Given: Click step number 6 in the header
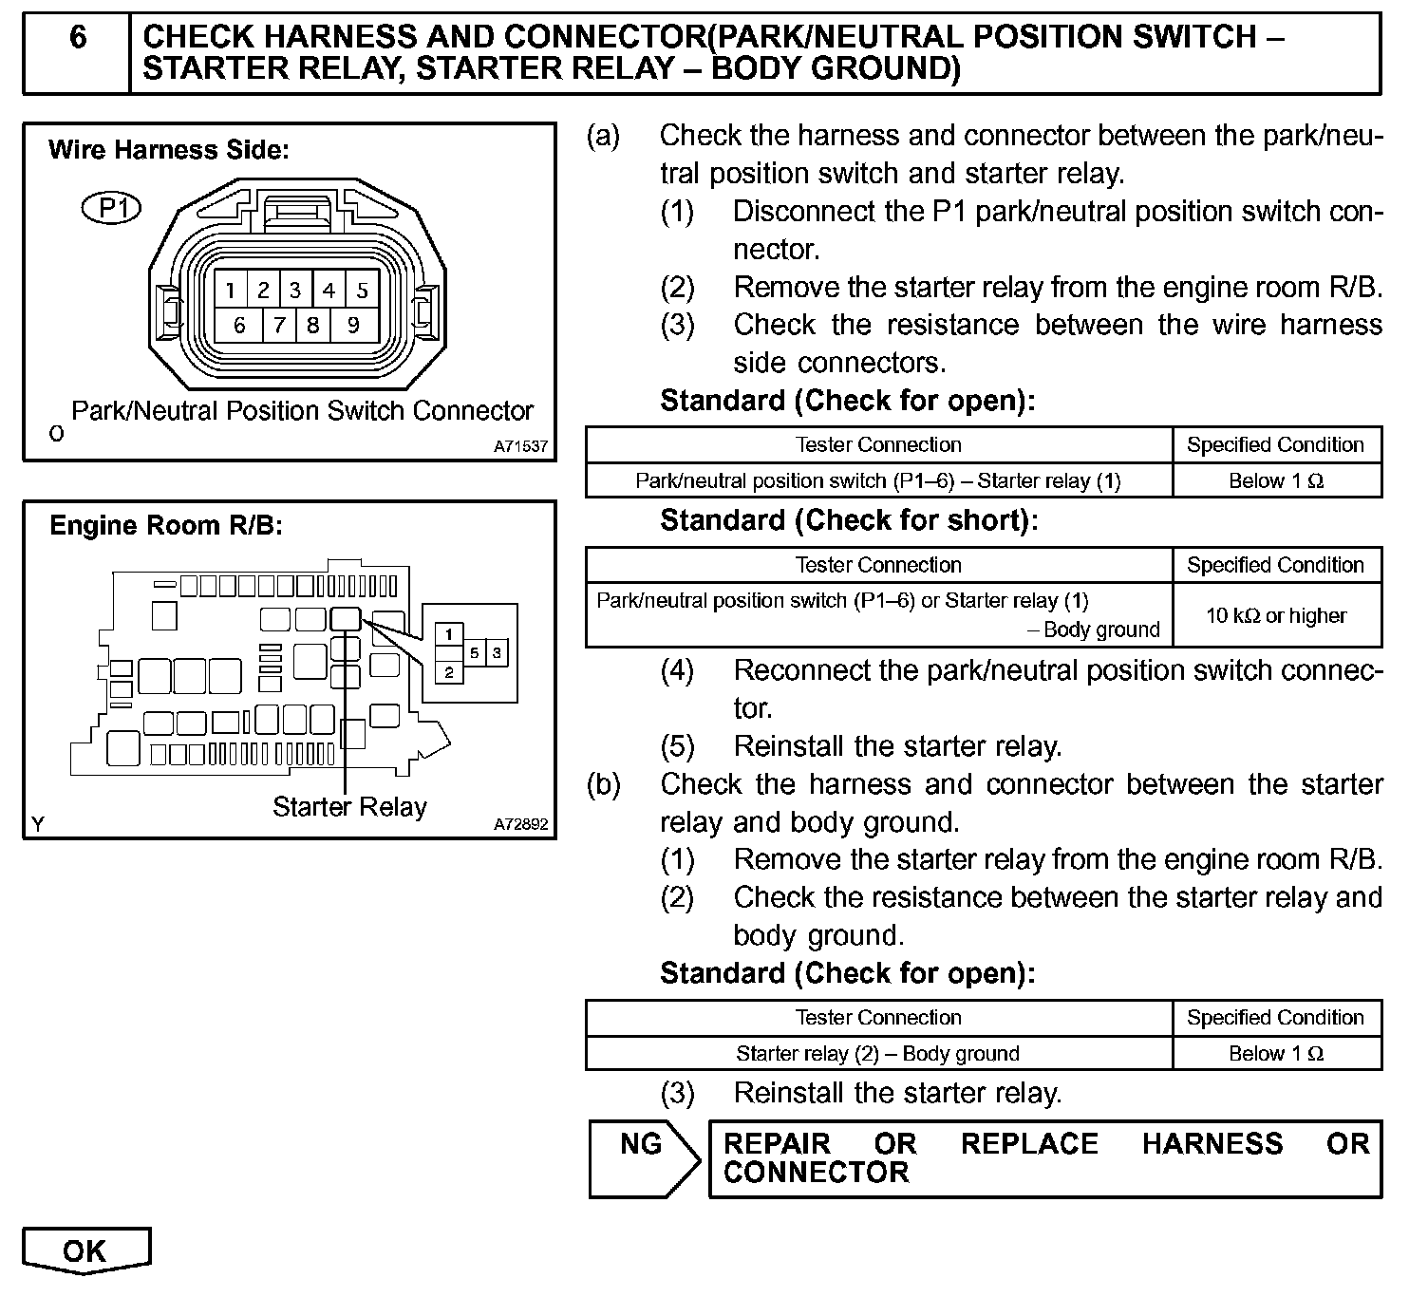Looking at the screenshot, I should (78, 38).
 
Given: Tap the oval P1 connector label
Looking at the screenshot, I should (112, 208).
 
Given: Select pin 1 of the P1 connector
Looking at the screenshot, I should (231, 291).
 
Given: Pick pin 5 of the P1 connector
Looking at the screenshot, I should (362, 291).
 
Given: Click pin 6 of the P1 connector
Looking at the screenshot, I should (239, 326).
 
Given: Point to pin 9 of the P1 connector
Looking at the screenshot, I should (353, 326).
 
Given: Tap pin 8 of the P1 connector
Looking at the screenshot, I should (312, 326).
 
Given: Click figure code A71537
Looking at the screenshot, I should (520, 446).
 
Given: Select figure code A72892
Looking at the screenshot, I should (520, 824).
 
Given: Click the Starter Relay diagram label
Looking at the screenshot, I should (349, 807).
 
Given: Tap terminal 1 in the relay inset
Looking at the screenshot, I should (449, 634).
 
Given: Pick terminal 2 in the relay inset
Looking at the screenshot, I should (449, 673).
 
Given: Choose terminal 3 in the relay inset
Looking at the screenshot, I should (497, 653).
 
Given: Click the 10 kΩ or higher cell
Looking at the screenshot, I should (1276, 615).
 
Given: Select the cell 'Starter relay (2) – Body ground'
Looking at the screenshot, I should (877, 1053).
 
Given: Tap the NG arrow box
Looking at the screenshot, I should (644, 1157).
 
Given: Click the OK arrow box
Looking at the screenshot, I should (85, 1251).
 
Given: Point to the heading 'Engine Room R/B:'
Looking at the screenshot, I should (166, 525).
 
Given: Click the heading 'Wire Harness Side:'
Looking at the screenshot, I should (169, 150).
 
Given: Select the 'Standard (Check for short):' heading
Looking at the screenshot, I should (849, 520).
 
